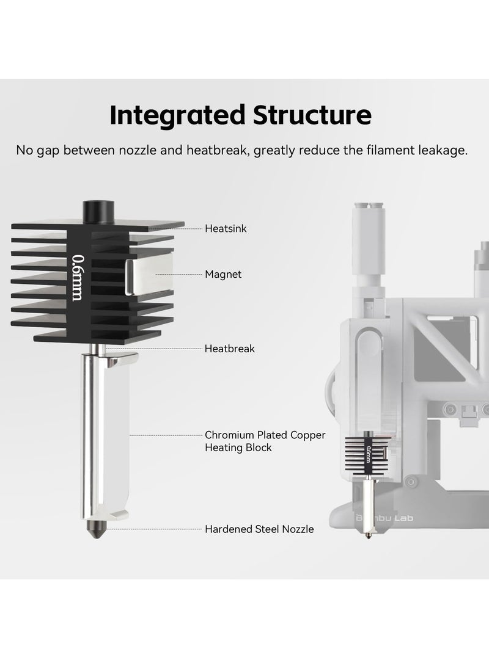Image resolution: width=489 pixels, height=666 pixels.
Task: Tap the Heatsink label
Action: [226, 228]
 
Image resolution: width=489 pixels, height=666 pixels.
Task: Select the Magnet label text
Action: [223, 275]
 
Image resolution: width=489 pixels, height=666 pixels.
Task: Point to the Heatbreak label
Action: [229, 349]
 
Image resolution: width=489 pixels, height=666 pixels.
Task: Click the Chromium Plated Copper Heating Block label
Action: [265, 441]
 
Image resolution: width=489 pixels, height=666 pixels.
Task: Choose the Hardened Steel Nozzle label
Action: [259, 529]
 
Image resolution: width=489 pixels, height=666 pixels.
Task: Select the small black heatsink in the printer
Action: [369, 455]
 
